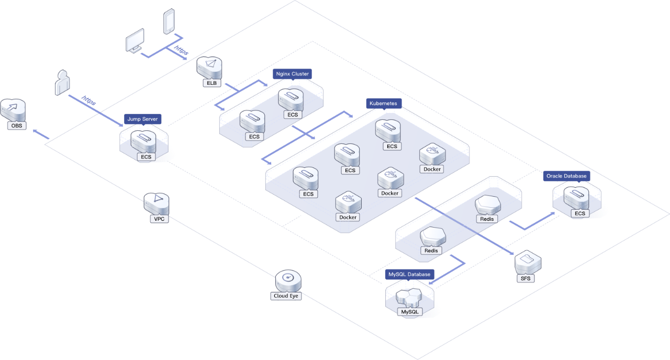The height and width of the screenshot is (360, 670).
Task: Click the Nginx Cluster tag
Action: pos(292,74)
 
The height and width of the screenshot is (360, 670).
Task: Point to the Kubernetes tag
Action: pos(384,104)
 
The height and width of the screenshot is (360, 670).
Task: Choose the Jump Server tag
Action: pos(142,119)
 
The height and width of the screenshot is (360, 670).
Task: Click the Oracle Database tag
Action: pos(566,176)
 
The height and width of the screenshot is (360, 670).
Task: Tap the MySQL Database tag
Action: pos(409,274)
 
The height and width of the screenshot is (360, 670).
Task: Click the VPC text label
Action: pos(159,219)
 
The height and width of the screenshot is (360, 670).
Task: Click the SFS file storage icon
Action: pos(527,262)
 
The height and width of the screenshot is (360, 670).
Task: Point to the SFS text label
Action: pos(526,278)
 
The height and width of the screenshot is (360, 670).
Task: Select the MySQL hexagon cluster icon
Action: pos(409,298)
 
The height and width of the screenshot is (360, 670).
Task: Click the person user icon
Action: pos(62,83)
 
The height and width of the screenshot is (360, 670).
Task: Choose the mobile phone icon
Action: pos(169,22)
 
